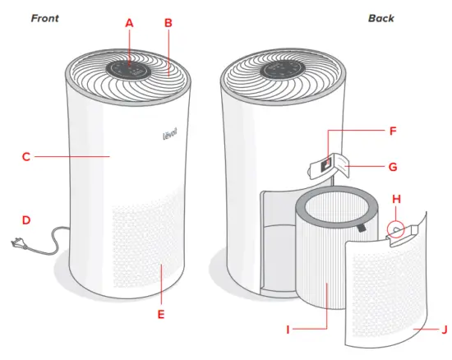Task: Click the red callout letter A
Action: (129, 24)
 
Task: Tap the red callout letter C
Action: (26, 155)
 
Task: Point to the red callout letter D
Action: (26, 220)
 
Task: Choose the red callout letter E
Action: (162, 314)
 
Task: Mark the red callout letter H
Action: (397, 201)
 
